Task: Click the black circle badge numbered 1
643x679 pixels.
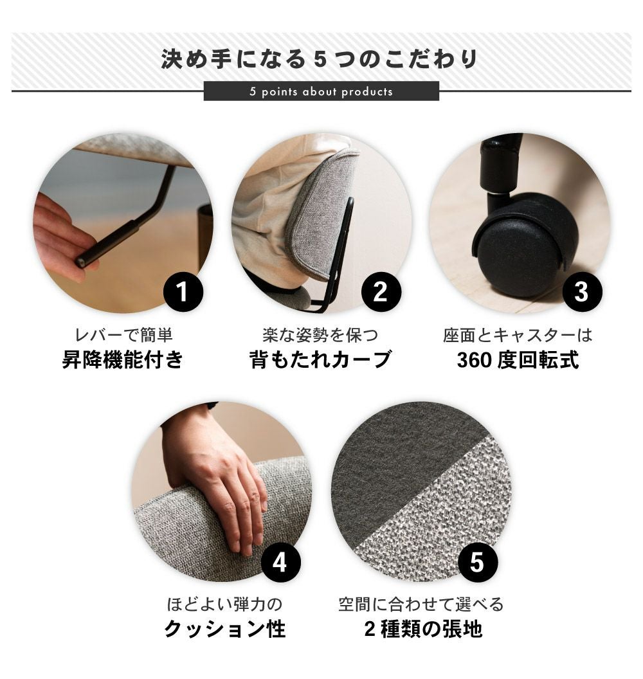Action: coord(183,291)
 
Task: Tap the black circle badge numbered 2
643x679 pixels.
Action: coord(381,291)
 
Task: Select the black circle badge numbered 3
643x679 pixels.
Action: coord(582,291)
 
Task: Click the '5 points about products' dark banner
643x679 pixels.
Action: coord(321,91)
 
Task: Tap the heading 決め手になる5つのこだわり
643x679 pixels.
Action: coord(320,59)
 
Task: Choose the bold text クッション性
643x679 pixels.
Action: coord(224,629)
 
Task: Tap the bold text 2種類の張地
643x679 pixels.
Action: coord(423,629)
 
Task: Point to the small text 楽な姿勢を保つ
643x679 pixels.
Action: coord(320,335)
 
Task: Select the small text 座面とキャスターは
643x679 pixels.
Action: coord(518,335)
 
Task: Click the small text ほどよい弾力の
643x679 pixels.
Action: coord(224,604)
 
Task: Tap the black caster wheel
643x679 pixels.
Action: coord(526,246)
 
